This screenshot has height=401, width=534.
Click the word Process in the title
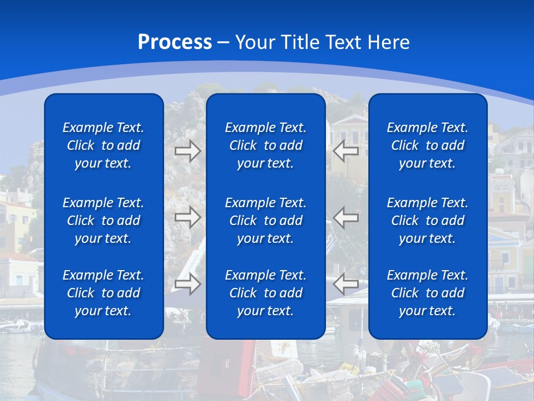(175, 42)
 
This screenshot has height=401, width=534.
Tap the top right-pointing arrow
(187, 151)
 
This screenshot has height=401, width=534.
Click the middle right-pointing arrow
(187, 217)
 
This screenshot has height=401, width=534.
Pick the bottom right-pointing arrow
(187, 283)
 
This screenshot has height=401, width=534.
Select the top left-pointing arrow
(346, 151)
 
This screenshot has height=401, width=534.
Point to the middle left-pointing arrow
(346, 217)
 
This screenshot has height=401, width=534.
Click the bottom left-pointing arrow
(346, 283)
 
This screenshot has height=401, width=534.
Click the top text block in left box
(103, 145)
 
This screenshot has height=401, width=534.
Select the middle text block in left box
(103, 221)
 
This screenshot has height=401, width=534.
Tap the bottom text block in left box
(103, 293)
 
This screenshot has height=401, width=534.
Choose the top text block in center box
(265, 145)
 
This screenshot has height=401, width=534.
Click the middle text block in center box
(265, 221)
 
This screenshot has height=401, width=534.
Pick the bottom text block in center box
(265, 293)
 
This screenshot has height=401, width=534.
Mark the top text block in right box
(427, 145)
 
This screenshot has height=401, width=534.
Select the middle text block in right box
(427, 221)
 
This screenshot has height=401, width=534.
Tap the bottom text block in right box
(427, 293)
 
